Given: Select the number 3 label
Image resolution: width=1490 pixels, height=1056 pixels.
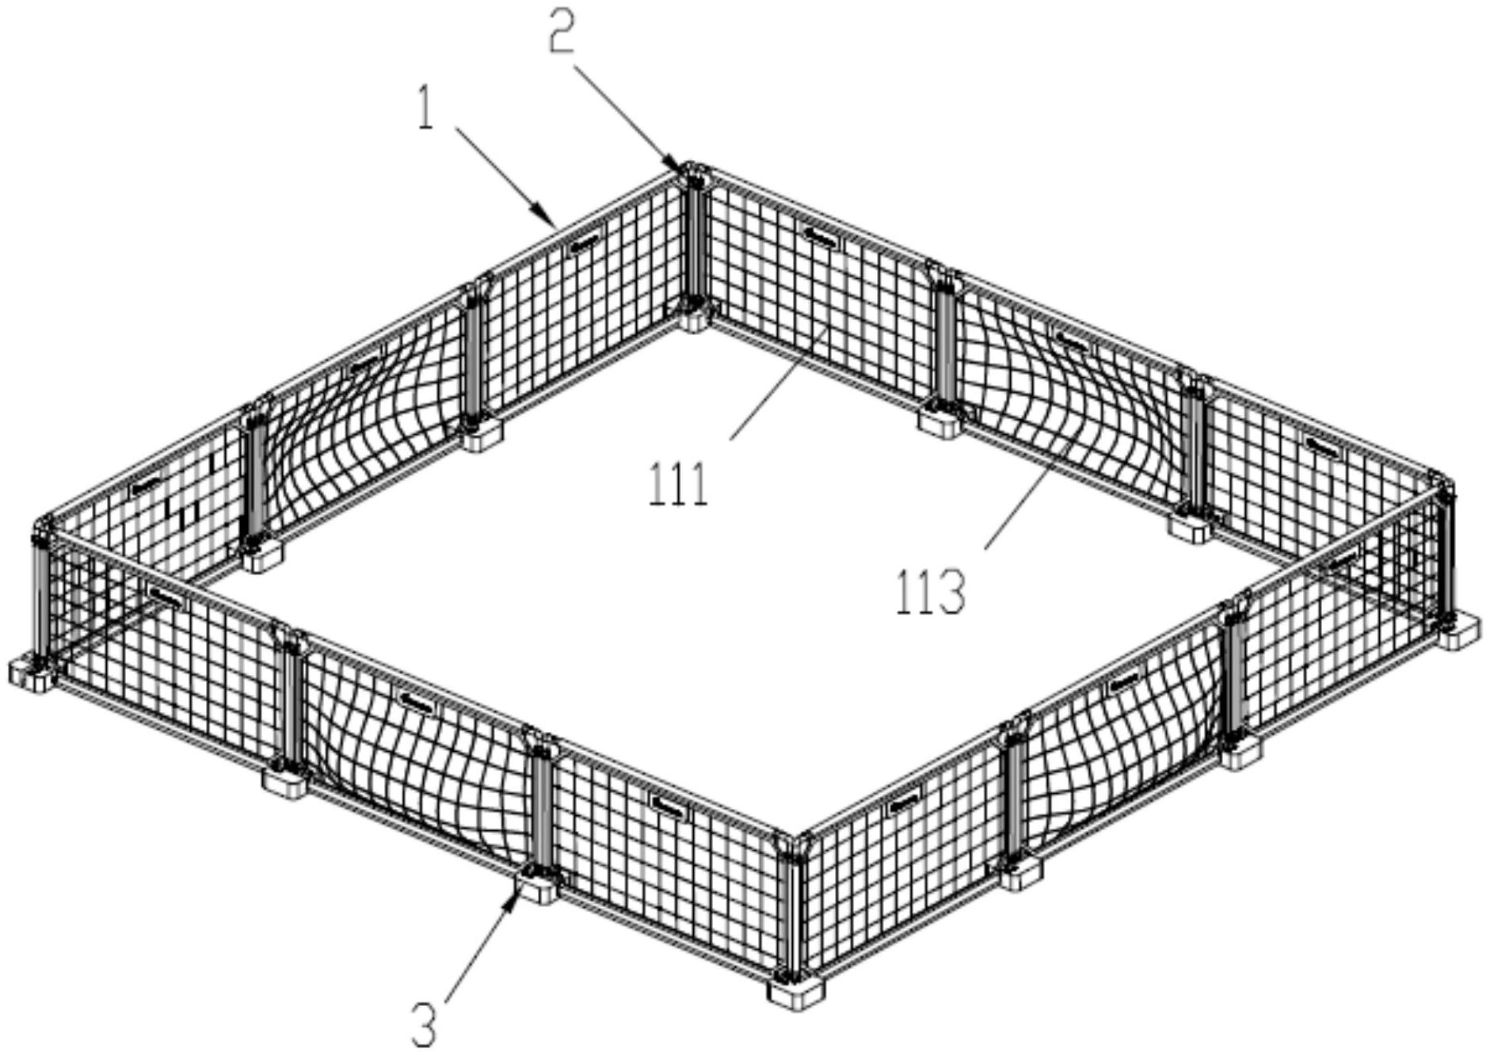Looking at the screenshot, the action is tap(425, 1024).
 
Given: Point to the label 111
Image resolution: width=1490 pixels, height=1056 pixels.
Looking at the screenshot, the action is tap(678, 484).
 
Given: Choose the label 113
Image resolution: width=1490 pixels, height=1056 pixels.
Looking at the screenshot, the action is tap(931, 592).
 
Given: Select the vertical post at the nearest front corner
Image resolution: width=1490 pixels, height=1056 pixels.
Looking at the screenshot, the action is tap(786, 907).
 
